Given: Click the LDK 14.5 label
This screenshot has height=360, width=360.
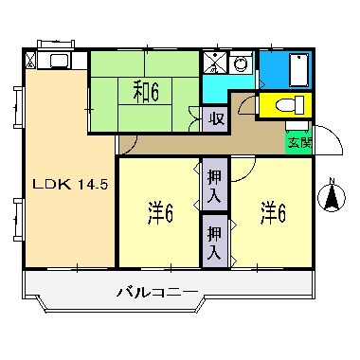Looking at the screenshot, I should click(x=70, y=185).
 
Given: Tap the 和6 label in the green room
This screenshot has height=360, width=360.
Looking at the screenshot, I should click(x=145, y=91).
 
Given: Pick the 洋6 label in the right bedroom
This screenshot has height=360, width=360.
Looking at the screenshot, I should click(x=274, y=214).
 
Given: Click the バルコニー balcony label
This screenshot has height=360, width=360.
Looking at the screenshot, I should click(x=157, y=292).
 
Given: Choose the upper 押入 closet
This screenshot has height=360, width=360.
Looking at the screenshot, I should click(x=214, y=185).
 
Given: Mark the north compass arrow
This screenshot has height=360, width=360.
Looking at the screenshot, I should click(x=331, y=199).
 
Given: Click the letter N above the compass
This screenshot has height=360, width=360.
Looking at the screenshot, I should click(x=331, y=181).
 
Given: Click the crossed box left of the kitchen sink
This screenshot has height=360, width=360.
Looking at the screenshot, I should click(x=32, y=63).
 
